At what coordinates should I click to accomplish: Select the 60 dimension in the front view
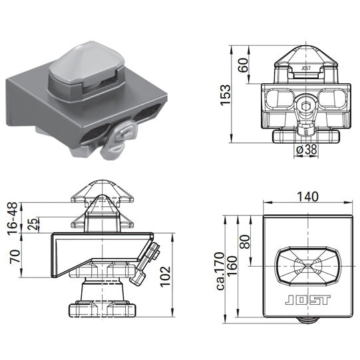[x=244, y=65]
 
